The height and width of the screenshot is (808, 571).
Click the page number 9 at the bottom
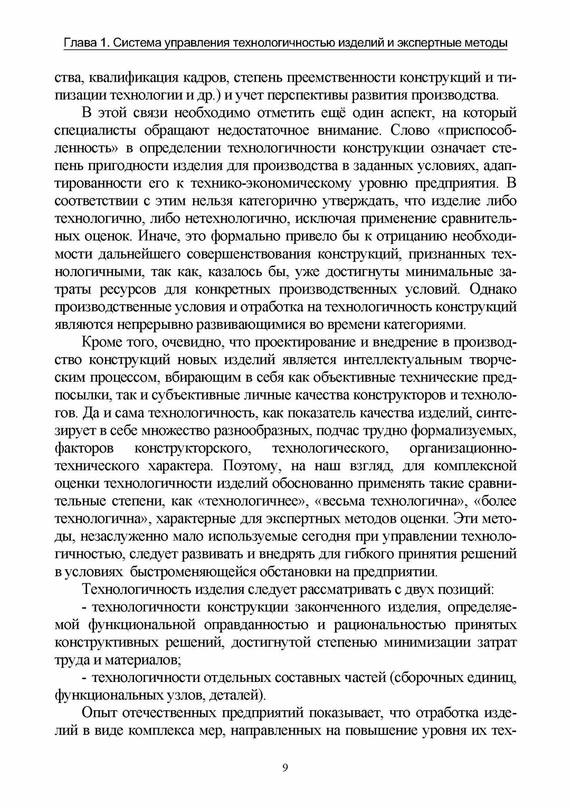point(285,768)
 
